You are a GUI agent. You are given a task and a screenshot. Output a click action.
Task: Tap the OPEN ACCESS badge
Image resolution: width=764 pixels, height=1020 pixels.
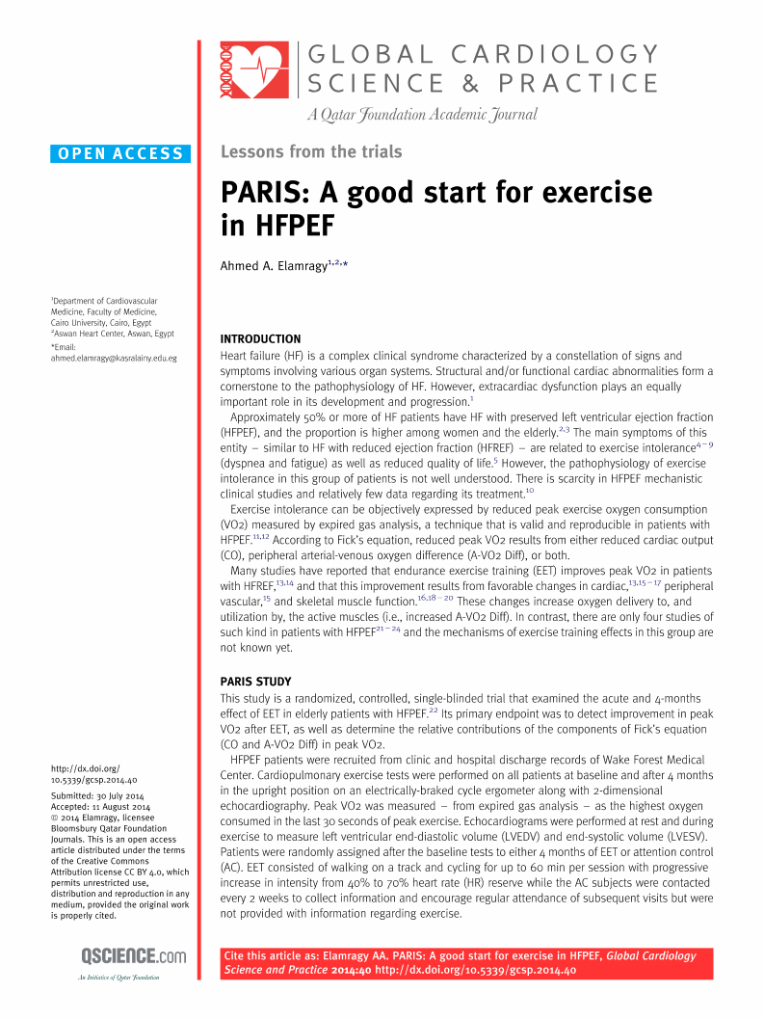[x=120, y=153]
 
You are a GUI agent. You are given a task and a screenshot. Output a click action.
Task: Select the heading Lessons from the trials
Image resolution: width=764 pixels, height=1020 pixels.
[x=311, y=151]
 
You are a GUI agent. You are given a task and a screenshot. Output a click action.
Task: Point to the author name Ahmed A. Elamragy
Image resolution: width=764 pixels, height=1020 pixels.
[x=274, y=265]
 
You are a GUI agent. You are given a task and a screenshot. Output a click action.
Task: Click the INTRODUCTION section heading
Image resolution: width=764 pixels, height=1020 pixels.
[x=260, y=339]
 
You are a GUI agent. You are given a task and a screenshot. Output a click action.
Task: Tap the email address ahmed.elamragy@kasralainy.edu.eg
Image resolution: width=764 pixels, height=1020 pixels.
[x=114, y=358]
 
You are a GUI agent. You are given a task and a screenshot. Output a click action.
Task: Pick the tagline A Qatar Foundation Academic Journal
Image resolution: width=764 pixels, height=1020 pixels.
[x=422, y=115]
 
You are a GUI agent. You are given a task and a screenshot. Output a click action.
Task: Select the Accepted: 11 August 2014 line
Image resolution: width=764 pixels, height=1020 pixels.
[x=100, y=806]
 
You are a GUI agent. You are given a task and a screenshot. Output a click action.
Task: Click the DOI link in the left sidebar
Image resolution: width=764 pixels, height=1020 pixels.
[x=93, y=773]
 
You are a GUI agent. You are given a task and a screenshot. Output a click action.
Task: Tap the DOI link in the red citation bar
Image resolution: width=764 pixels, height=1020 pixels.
[x=475, y=971]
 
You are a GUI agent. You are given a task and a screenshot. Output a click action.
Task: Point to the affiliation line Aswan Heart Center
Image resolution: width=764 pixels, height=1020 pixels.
[x=112, y=334]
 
